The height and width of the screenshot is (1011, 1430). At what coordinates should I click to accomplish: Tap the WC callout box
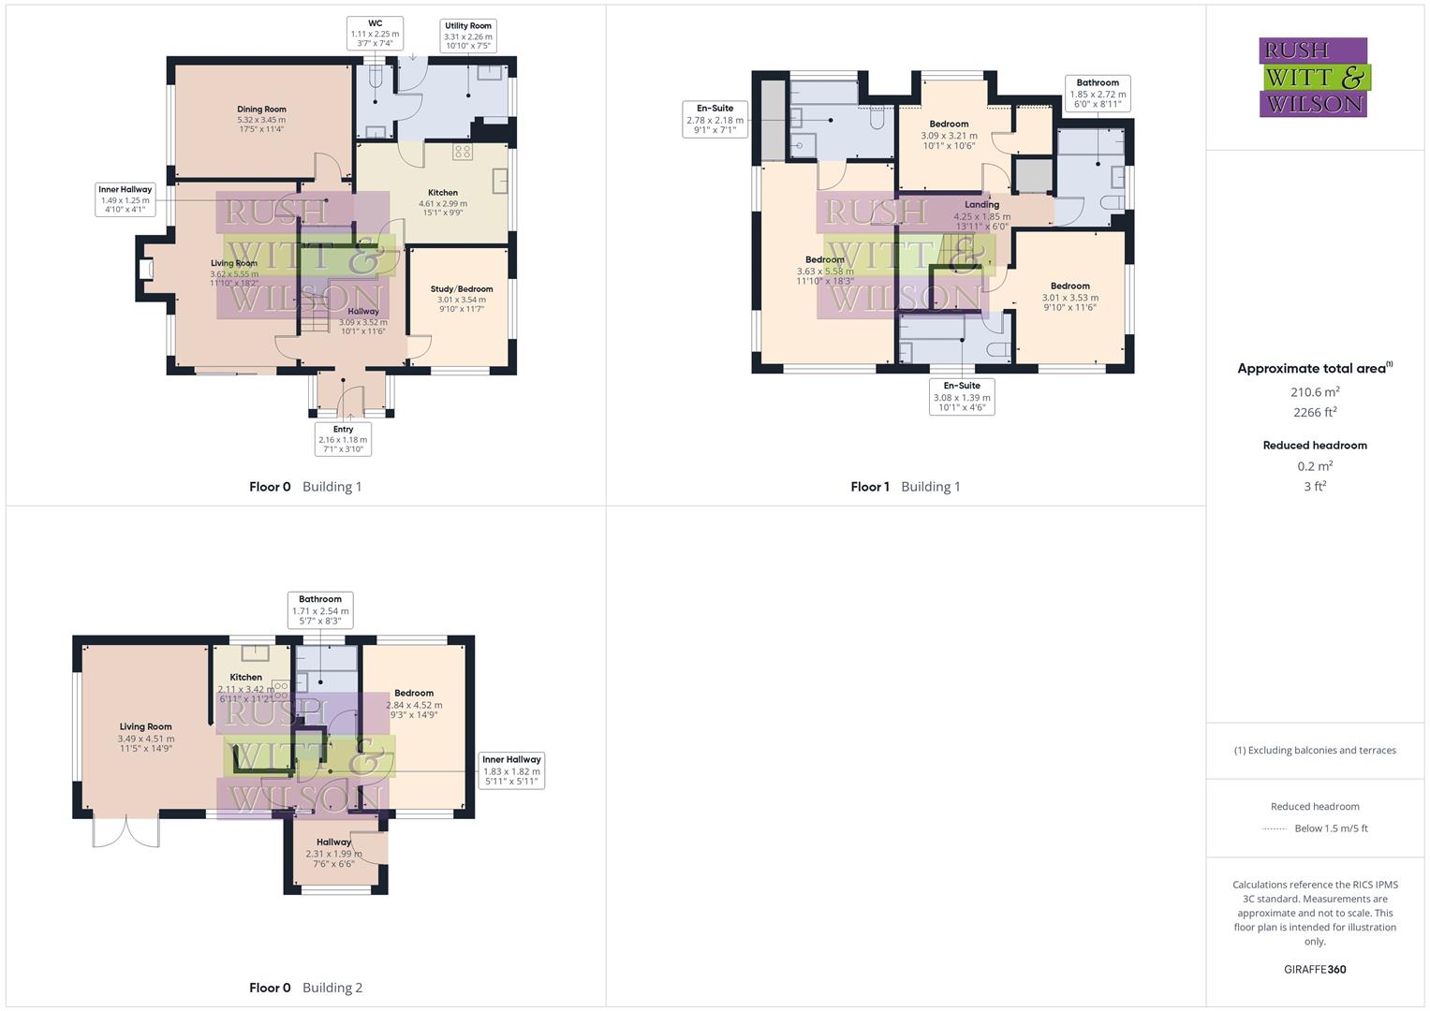point(375,33)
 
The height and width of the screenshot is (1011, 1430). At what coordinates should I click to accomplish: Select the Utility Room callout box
point(467,36)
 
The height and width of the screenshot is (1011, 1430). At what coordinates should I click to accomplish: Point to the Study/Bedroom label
point(462,299)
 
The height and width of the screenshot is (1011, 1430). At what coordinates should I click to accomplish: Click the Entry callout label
point(343,438)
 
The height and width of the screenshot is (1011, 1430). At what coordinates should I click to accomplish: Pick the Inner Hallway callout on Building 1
point(125,199)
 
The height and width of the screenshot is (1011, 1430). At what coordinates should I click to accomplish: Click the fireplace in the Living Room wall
point(145,270)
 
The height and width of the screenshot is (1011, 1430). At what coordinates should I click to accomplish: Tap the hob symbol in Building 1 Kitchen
point(463,151)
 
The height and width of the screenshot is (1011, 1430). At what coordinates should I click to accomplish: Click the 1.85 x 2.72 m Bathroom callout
point(1098,94)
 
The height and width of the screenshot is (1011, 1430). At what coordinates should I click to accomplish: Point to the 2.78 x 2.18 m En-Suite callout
point(715,119)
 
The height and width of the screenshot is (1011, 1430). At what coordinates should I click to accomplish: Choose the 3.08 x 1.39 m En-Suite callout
point(962,396)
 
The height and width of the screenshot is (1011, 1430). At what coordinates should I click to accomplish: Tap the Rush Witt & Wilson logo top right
point(1313,77)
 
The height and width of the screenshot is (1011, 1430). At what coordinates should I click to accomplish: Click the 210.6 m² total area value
point(1314,392)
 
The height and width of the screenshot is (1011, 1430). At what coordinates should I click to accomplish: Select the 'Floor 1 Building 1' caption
point(905,487)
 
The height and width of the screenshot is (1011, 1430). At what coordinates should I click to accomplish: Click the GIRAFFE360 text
point(1315,969)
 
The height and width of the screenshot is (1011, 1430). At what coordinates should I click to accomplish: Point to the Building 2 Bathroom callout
point(320,609)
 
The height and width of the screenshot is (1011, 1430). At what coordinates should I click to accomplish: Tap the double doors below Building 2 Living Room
point(126,831)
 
